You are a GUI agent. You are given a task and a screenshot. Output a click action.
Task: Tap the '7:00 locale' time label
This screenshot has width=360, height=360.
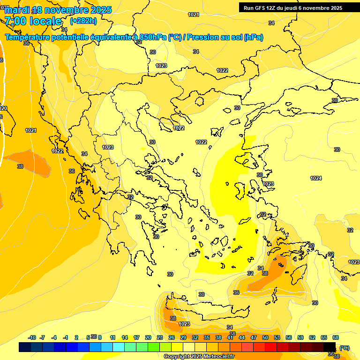coord(33,21)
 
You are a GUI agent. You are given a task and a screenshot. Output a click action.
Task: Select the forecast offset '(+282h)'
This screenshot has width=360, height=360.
coord(83,21)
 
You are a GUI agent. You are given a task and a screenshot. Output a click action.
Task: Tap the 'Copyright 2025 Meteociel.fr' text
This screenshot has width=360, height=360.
coord(199,357)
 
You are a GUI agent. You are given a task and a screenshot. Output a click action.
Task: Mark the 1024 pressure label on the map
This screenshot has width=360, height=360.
coord(316,178)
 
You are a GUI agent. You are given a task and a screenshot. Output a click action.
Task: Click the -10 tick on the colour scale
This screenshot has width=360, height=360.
coord(32,337)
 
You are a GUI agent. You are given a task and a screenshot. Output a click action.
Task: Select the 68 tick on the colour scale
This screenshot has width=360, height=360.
coord(336,337)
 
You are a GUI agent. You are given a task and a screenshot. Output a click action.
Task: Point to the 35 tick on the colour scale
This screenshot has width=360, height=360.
coord(207,337)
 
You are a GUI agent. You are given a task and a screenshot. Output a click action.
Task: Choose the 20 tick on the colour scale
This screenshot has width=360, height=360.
coord(148,337)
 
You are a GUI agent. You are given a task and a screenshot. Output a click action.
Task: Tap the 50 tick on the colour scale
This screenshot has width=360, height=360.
coord(265,337)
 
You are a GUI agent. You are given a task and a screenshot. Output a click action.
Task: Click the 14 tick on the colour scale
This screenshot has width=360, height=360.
coord(125,337)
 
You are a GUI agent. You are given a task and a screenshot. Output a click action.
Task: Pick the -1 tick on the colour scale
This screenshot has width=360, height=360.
coord(66,337)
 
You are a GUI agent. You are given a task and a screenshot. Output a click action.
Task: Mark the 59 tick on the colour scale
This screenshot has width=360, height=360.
coord(300,337)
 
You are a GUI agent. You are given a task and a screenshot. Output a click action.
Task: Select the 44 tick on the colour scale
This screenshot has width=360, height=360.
coord(242,337)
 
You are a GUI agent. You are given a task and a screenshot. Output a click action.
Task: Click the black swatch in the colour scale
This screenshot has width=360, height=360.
coord(330,347)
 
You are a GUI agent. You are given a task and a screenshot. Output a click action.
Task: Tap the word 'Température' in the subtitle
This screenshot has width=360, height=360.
coord(28,37)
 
